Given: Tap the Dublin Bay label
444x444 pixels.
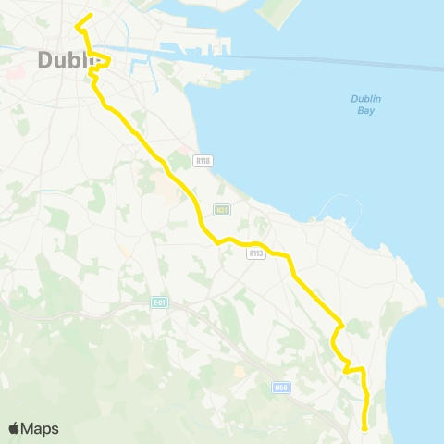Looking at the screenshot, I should pyautogui.click(x=367, y=105).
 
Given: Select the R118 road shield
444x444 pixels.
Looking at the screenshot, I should pyautogui.click(x=203, y=161).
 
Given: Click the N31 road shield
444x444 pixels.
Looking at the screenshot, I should pyautogui.click(x=221, y=210).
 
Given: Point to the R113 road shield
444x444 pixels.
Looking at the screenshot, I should pyautogui.click(x=255, y=253).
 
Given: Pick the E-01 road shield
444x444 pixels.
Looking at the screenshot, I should pyautogui.click(x=159, y=302).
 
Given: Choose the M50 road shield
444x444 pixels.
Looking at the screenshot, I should pyautogui.click(x=280, y=388).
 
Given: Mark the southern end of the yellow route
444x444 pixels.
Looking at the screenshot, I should pyautogui.click(x=364, y=428).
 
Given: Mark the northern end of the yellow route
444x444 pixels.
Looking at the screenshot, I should pyautogui.click(x=91, y=15).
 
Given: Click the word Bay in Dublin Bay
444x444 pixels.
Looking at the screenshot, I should pyautogui.click(x=367, y=110).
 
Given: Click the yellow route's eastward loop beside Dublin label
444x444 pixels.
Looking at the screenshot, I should pyautogui.click(x=107, y=62).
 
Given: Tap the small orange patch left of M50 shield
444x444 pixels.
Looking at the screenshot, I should pyautogui.click(x=240, y=371).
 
